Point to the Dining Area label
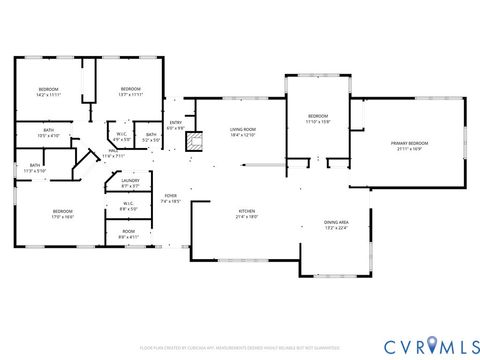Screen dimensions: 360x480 [x=335, y=224]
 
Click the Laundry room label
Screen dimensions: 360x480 [x=129, y=183]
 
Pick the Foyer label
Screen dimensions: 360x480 [x=171, y=198]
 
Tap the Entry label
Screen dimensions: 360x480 [x=176, y=125]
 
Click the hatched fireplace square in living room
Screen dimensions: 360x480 [x=198, y=140]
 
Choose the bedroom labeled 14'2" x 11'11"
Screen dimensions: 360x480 [x=49, y=92]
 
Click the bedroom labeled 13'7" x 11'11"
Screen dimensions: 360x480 [x=130, y=92]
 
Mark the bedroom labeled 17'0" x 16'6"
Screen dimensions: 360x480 [x=63, y=213]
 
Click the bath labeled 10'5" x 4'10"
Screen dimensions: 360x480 [x=48, y=132]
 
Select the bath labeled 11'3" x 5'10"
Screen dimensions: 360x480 [x=35, y=168]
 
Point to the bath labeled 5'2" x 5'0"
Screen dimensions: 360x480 [x=150, y=137]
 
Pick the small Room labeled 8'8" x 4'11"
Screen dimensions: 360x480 [x=129, y=234]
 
